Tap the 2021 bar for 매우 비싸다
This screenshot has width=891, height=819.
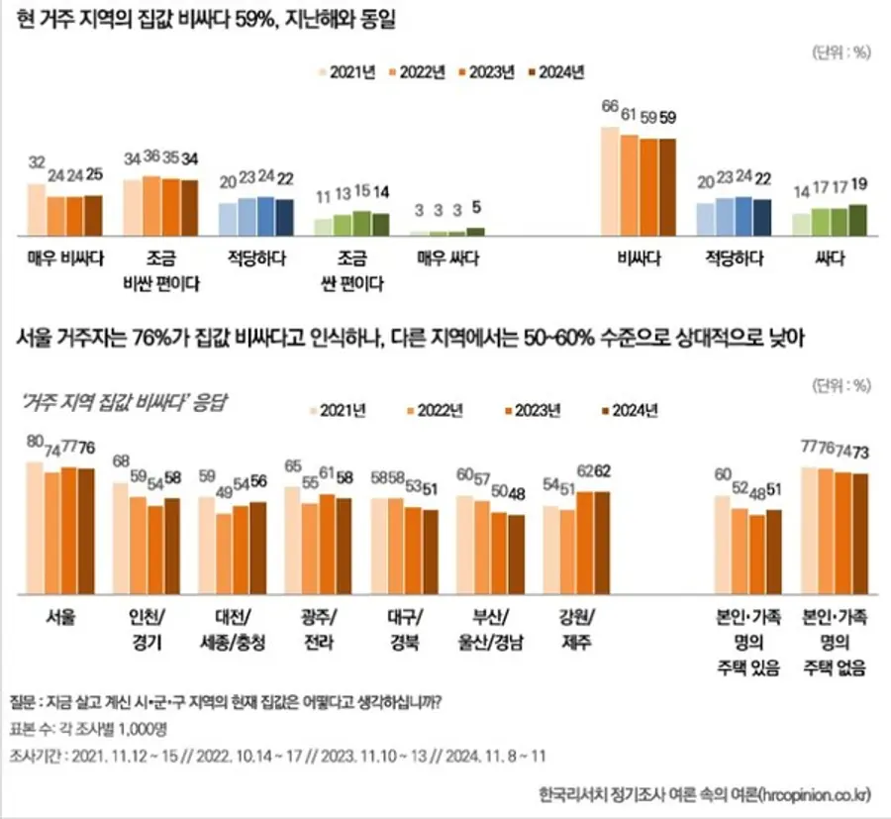36,208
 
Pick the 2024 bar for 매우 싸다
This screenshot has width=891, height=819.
476,231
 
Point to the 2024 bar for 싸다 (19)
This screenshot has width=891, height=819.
857,219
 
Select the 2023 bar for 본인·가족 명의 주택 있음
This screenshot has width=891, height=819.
757,555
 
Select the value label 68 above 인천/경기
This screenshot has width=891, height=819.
121,461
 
